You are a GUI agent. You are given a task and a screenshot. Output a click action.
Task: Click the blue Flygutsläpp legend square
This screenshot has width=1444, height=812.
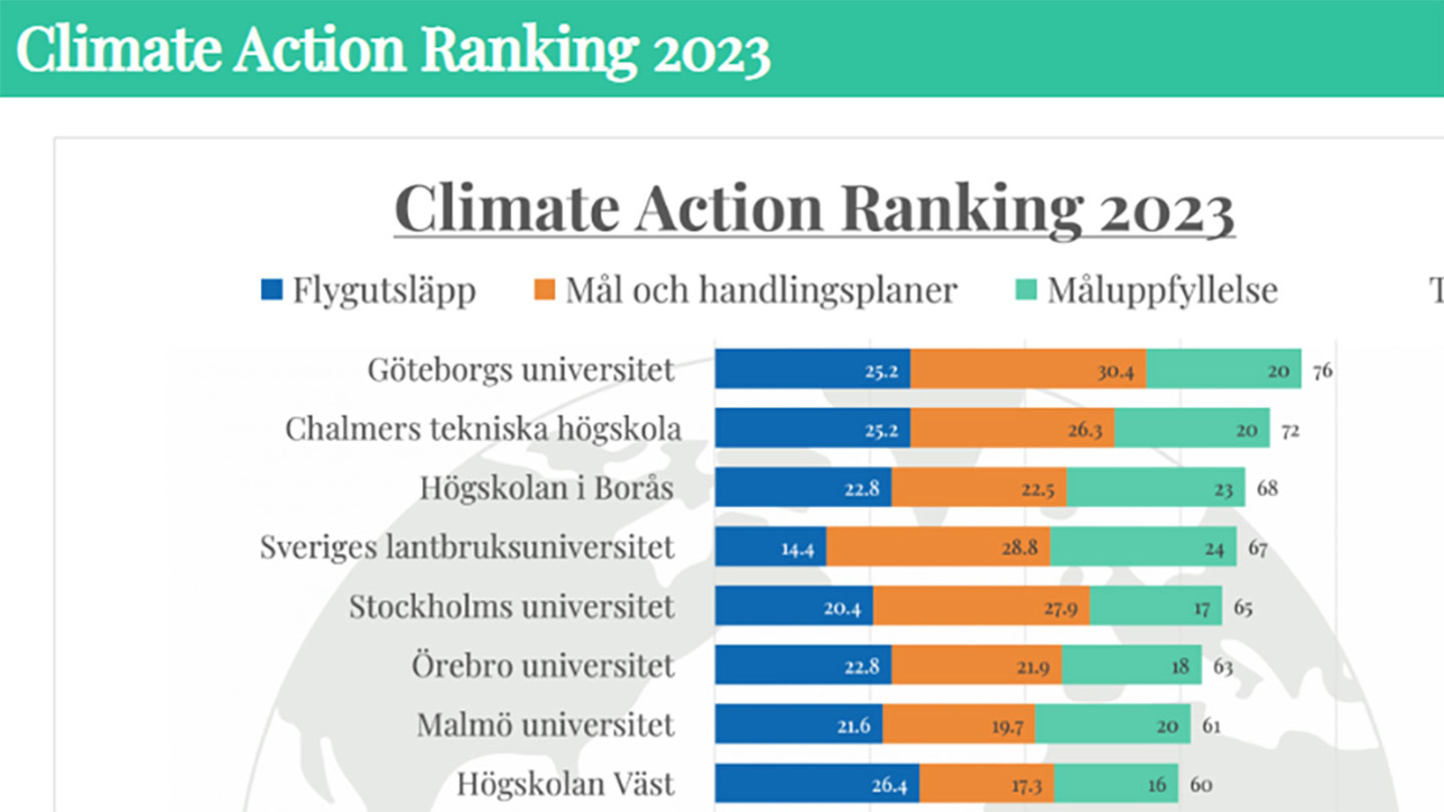[272, 290]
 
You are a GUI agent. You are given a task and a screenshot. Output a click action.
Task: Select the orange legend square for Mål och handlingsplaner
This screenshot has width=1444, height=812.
[544, 290]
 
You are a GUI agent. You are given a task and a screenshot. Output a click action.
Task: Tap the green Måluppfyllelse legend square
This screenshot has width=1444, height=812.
[1026, 290]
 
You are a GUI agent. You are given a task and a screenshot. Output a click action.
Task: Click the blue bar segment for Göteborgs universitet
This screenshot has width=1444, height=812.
[812, 369]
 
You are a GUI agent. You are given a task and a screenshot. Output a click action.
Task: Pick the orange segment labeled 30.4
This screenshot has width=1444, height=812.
[1028, 369]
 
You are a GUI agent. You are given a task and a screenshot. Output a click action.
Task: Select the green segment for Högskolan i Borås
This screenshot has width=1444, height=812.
[1155, 487]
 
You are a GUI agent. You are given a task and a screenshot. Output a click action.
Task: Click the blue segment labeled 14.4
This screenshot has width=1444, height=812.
[771, 547]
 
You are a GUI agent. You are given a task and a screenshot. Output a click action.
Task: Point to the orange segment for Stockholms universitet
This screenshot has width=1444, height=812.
[981, 606]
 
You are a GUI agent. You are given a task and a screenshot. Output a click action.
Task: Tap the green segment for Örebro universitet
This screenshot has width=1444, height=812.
[1132, 665]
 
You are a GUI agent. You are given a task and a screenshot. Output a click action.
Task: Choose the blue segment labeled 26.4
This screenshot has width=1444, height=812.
[818, 783]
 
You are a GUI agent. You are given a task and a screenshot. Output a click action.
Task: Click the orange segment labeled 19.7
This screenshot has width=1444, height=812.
[958, 724]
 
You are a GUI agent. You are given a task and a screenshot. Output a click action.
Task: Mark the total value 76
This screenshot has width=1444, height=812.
[1322, 371]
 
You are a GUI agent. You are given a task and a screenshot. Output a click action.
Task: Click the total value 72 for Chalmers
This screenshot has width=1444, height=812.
[1291, 430]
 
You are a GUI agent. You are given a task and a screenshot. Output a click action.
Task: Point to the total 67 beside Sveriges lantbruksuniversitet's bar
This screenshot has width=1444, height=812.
[1258, 549]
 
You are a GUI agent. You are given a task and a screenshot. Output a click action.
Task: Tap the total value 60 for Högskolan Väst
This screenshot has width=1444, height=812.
[1201, 784]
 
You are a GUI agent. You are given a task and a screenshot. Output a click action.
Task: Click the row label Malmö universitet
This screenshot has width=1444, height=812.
[545, 724]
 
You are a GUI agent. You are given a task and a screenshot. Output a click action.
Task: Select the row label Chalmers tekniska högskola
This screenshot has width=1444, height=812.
[483, 429]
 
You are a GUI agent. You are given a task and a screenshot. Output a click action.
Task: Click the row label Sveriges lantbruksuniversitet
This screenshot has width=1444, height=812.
[467, 548]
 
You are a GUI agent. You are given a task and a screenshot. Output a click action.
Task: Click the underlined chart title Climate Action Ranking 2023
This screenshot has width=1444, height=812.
[814, 209]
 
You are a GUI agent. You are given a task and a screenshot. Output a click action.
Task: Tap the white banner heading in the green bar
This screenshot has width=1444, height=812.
[393, 50]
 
